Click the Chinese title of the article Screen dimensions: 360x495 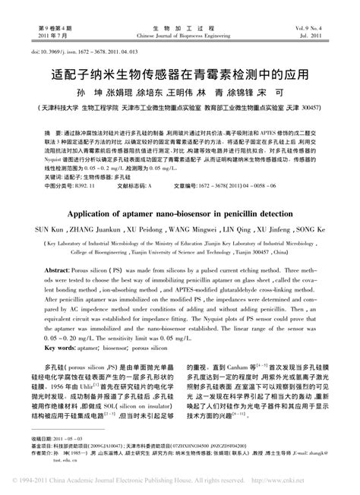coord(179,75)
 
